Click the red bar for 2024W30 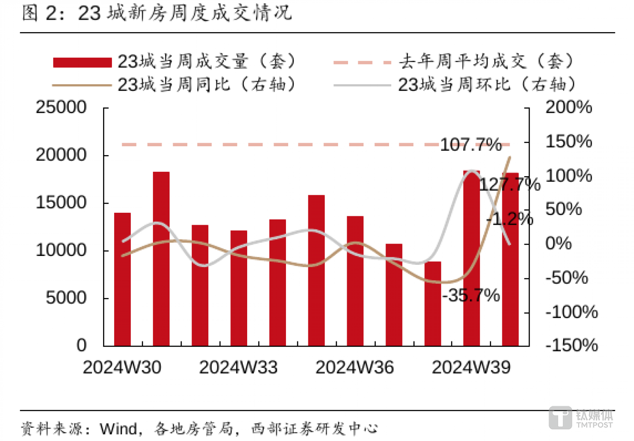click(x=122, y=279)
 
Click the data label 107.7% click(x=471, y=145)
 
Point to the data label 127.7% click(x=509, y=184)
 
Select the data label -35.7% click(x=471, y=295)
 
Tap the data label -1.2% click(x=510, y=219)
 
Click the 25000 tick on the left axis click(x=61, y=107)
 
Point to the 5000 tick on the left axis click(x=66, y=298)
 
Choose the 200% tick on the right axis click(x=568, y=107)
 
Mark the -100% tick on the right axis click(x=571, y=312)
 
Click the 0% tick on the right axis click(x=558, y=243)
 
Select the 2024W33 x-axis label click(x=238, y=367)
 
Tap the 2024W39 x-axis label click(x=471, y=367)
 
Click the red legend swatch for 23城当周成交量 click(x=82, y=62)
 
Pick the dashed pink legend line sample click(x=362, y=62)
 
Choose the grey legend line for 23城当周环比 click(x=362, y=85)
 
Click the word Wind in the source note click(x=119, y=428)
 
